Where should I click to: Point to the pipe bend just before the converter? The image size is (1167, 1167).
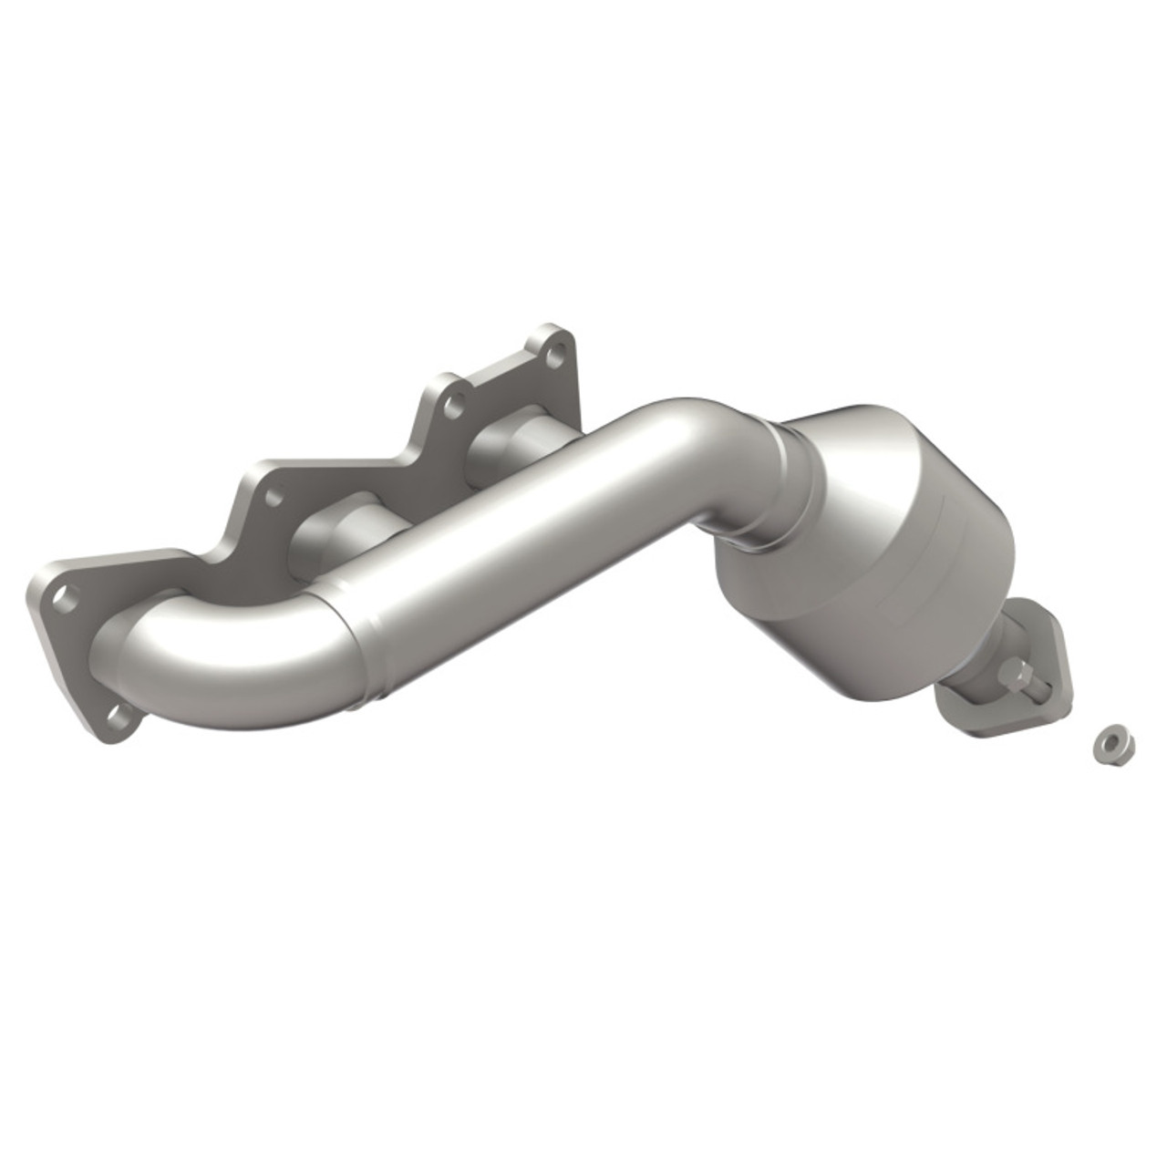coord(702,438)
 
